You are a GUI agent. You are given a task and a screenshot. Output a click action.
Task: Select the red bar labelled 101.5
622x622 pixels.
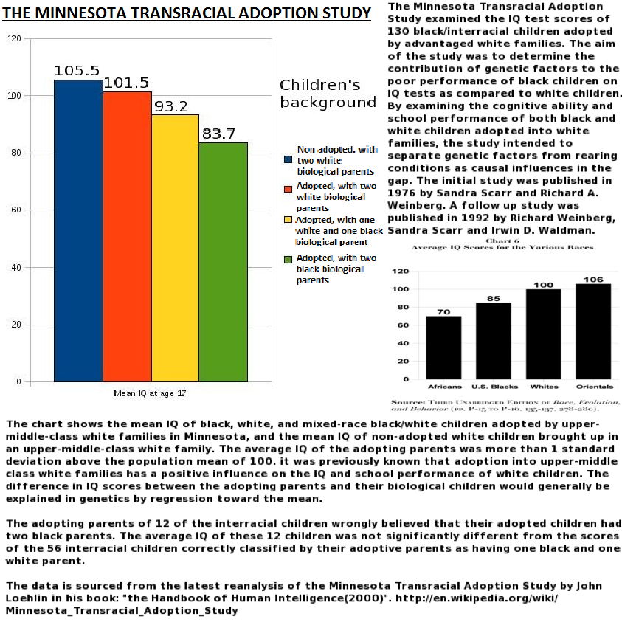click(127, 236)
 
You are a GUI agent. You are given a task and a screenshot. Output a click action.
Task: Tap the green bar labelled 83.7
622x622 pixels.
click(223, 262)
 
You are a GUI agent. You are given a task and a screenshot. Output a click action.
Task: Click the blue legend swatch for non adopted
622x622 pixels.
click(288, 159)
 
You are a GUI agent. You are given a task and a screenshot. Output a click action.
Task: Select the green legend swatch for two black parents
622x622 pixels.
click(288, 259)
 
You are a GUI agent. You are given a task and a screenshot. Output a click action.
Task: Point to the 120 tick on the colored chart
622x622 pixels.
click(14, 38)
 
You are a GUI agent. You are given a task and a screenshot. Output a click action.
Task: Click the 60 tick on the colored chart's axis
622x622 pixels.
click(16, 210)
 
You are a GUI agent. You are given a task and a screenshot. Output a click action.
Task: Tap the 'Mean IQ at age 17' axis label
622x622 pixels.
click(150, 393)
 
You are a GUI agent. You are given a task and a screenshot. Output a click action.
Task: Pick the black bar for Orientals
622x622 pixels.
click(593, 331)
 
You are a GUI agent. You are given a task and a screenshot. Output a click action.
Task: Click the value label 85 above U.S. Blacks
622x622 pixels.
click(493, 298)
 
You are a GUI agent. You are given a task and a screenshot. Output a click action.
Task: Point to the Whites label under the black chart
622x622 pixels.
click(544, 387)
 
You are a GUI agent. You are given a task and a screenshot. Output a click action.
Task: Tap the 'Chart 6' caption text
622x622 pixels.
click(502, 239)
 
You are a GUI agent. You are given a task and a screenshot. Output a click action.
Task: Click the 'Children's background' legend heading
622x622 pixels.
click(328, 93)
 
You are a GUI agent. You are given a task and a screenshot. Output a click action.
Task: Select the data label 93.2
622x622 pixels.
click(171, 106)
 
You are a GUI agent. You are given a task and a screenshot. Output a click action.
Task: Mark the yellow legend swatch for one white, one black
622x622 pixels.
click(288, 220)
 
